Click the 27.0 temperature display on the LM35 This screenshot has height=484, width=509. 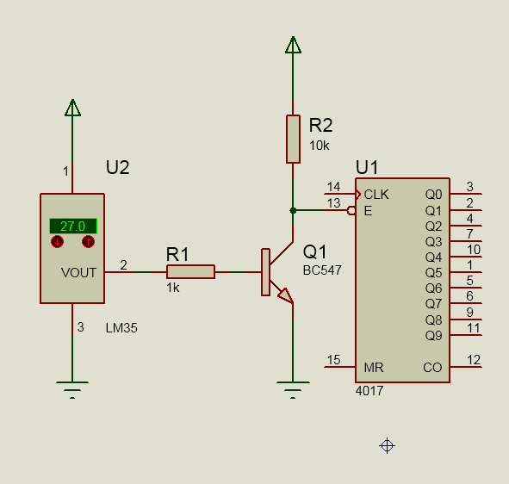pyautogui.click(x=73, y=226)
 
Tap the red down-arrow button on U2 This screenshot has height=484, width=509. pyautogui.click(x=58, y=241)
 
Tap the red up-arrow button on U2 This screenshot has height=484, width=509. pyautogui.click(x=89, y=241)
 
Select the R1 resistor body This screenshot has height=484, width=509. pyautogui.click(x=190, y=271)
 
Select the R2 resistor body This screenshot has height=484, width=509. pyautogui.click(x=293, y=139)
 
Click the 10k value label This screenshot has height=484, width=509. pyautogui.click(x=320, y=146)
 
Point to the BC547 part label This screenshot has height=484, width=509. pyautogui.click(x=322, y=270)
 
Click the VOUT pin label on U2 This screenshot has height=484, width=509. pyautogui.click(x=78, y=273)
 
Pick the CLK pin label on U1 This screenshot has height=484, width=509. pyautogui.click(x=376, y=195)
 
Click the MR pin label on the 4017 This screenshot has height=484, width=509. pyautogui.click(x=374, y=368)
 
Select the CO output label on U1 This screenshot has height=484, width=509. pyautogui.click(x=432, y=368)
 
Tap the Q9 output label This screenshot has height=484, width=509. pyautogui.click(x=434, y=335)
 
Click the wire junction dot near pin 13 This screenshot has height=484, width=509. pyautogui.click(x=293, y=210)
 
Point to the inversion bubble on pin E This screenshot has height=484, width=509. pyautogui.click(x=351, y=211)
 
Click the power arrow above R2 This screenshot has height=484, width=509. pyautogui.click(x=293, y=45)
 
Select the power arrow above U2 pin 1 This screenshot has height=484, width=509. pyautogui.click(x=72, y=108)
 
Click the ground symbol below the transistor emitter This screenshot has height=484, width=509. pyautogui.click(x=293, y=390)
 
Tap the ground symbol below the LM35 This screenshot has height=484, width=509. pyautogui.click(x=72, y=390)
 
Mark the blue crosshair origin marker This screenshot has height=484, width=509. pyautogui.click(x=387, y=446)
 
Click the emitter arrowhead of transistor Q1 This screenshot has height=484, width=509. pyautogui.click(x=286, y=295)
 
